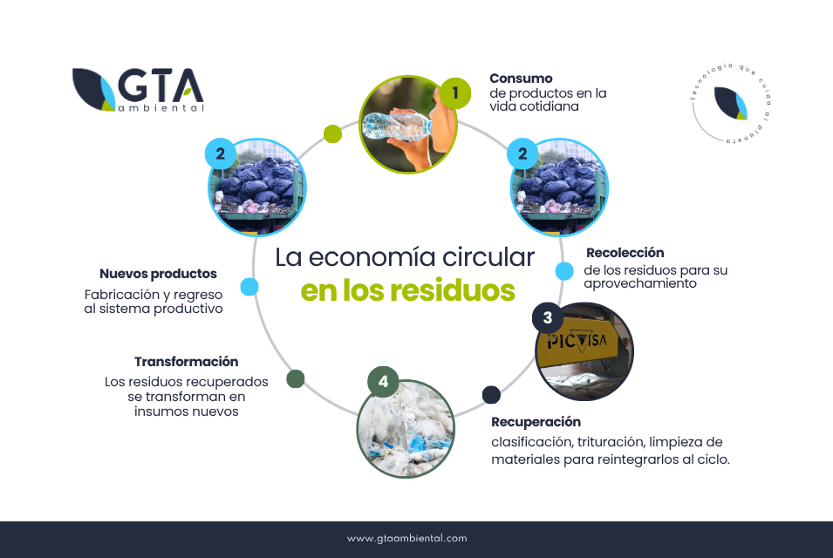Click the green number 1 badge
tap(455, 93)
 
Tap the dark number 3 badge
tap(548, 318)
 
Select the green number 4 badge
tap(383, 382)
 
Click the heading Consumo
tap(521, 78)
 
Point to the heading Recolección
tap(625, 253)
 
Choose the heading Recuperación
tap(536, 422)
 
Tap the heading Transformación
tap(186, 362)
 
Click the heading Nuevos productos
tap(158, 274)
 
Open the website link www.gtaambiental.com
tap(407, 538)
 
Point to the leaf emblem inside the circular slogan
tap(731, 103)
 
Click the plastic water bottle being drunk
tap(396, 126)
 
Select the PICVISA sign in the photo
tap(577, 341)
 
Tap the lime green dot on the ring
tap(332, 133)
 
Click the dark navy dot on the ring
tap(491, 395)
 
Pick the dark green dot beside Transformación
tap(296, 378)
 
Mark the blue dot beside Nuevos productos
tap(249, 287)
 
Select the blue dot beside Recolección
tap(564, 271)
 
